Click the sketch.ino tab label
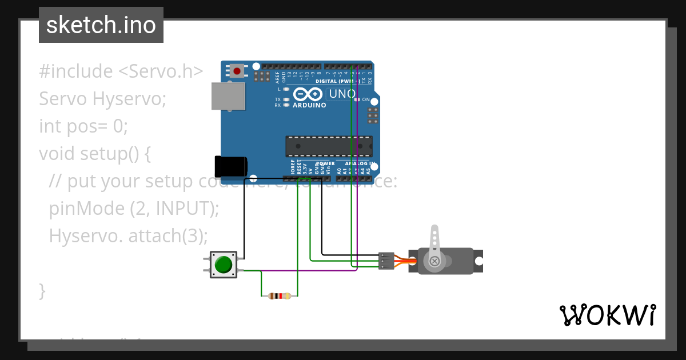pos(101,25)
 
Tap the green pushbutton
pos(223,265)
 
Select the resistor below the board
pos(279,296)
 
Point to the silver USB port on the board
pos(228,96)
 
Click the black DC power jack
pos(231,166)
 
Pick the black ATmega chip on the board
pos(329,146)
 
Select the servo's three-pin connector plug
pos(386,261)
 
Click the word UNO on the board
pos(342,94)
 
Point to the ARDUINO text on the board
pos(309,105)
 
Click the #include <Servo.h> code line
pos(121,71)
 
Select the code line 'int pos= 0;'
pos(83,126)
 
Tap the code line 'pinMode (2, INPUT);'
pos(134,209)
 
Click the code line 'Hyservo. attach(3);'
pos(128,235)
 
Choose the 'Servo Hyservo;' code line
pos(102,99)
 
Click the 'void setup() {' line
pos(95,154)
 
